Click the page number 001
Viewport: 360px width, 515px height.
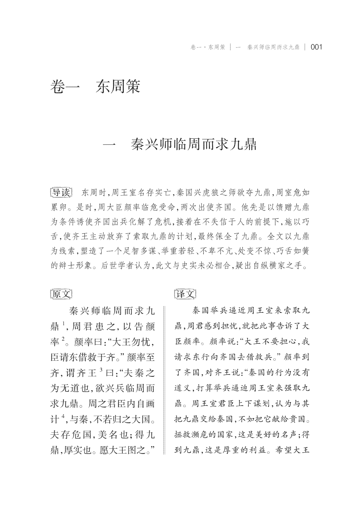tap(316, 47)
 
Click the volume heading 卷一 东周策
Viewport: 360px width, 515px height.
tap(95, 86)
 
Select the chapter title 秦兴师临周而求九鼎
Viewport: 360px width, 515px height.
tap(194, 146)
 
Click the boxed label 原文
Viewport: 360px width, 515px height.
tap(61, 294)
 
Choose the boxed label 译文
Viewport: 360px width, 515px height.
tap(185, 294)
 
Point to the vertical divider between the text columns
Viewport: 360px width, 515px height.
tap(164, 380)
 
